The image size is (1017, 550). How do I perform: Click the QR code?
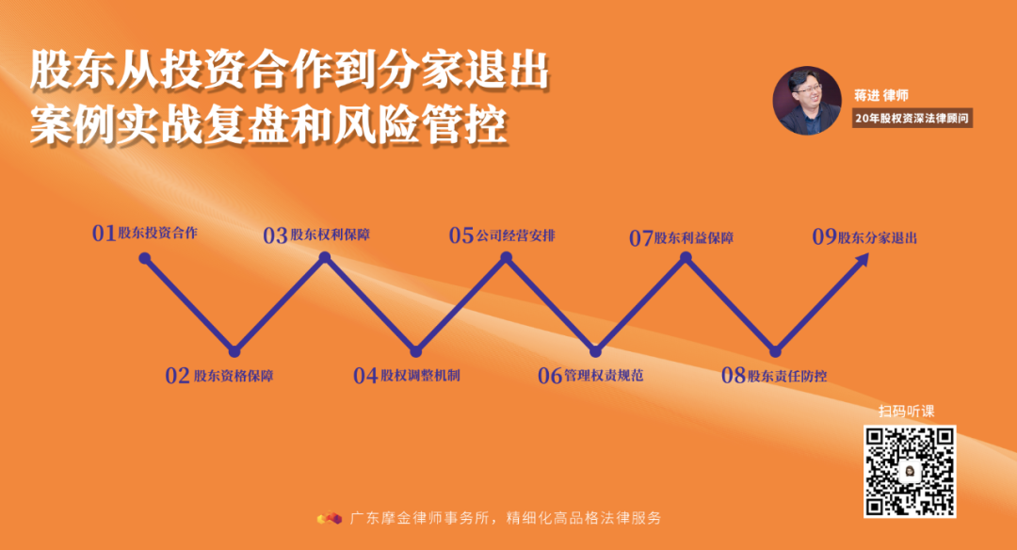[x=910, y=471]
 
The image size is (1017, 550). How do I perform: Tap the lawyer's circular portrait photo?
[x=806, y=100]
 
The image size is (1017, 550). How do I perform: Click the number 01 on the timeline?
[x=104, y=234]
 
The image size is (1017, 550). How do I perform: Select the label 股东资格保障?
[x=234, y=376]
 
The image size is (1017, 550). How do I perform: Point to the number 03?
[x=275, y=235]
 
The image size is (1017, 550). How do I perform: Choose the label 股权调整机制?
[x=420, y=375]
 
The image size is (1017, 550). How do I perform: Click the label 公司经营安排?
[x=515, y=235]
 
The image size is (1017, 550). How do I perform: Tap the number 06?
[x=549, y=376]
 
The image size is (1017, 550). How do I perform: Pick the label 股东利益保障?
[x=694, y=238]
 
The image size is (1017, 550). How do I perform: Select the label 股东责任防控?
[x=787, y=376]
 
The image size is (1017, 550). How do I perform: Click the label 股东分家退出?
[x=878, y=237]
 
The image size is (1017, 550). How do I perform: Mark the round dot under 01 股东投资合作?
[x=144, y=257]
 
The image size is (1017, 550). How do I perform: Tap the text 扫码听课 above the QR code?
[x=907, y=411]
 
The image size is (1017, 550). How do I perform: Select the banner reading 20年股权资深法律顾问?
[x=909, y=119]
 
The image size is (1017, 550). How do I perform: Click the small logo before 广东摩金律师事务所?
[x=329, y=518]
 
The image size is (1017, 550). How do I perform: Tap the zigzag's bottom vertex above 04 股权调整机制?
[x=415, y=350]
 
